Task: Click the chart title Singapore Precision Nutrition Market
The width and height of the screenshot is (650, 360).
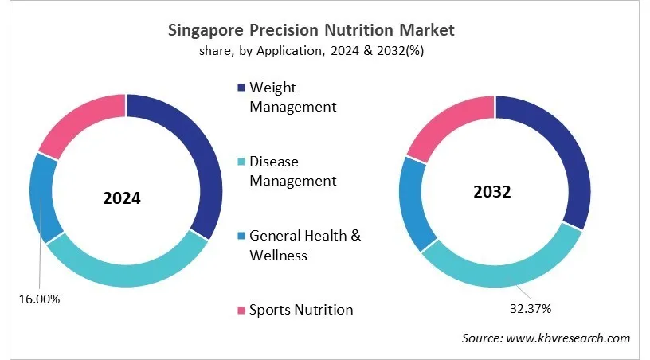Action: pyautogui.click(x=311, y=31)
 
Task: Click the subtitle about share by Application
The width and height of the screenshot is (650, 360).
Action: pyautogui.click(x=311, y=52)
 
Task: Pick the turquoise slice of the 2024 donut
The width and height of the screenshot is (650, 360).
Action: pyautogui.click(x=119, y=271)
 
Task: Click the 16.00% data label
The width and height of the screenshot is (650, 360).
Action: pyautogui.click(x=39, y=299)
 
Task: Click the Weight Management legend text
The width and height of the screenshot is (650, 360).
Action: pyautogui.click(x=292, y=96)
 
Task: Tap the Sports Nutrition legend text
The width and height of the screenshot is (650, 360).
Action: pyautogui.click(x=301, y=309)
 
